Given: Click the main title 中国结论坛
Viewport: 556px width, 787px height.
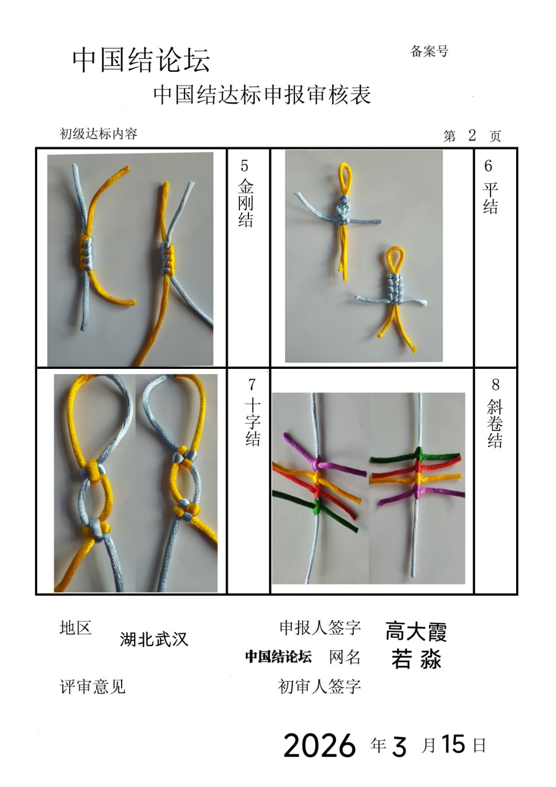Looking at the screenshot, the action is pos(141,61).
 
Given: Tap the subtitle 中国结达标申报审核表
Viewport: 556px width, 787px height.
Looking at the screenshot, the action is pos(262,95).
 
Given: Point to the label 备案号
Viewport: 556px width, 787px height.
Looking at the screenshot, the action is pos(429,51).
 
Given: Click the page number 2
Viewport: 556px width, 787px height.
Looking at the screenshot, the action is pos(472,135).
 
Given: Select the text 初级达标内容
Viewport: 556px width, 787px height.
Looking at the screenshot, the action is pos(99,133).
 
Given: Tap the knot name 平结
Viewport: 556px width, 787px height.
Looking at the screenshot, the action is pos(490,198).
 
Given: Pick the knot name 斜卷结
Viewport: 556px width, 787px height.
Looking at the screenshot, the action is pos(495,424).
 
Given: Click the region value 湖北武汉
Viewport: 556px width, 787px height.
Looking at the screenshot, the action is pos(154,639).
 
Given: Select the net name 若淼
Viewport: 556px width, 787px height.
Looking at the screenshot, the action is pos(417,659).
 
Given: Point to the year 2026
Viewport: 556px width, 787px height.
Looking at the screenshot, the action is pos(320,746).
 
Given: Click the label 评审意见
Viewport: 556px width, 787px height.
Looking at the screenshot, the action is pos(93,686).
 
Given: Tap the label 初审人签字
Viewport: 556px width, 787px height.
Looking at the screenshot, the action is pos(320,686).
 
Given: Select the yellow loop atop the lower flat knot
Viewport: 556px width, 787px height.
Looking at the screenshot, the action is pos(395,259).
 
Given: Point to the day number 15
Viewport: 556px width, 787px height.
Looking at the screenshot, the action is pos(453,744).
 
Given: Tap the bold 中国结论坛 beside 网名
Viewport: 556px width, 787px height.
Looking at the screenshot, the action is pos(278,656).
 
